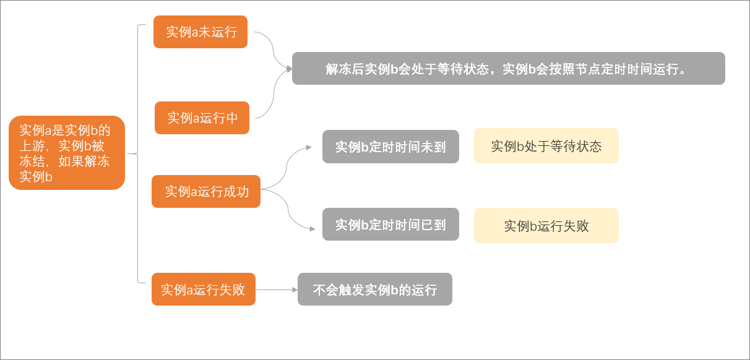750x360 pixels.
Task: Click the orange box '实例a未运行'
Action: tap(200, 32)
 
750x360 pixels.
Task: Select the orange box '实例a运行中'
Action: tap(202, 118)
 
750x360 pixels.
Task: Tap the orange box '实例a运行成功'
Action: tap(206, 191)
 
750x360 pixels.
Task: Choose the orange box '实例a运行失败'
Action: tap(203, 289)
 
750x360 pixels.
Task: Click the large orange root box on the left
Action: tap(67, 153)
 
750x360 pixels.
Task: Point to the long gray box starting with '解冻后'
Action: tap(509, 68)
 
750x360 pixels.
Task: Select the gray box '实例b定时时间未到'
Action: tap(390, 147)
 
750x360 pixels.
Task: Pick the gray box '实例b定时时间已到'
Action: tap(390, 224)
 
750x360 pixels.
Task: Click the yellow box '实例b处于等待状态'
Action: tap(546, 145)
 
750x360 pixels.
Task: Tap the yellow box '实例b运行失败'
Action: tap(546, 226)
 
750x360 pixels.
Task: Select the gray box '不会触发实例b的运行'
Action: tap(374, 289)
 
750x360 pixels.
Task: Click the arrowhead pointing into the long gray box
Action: tap(289, 69)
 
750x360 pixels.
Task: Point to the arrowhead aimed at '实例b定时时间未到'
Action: tap(309, 147)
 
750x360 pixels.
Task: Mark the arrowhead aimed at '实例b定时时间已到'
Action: tap(312, 229)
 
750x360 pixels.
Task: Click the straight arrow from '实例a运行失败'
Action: tap(277, 289)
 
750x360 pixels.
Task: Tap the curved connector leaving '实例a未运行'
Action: tap(274, 50)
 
